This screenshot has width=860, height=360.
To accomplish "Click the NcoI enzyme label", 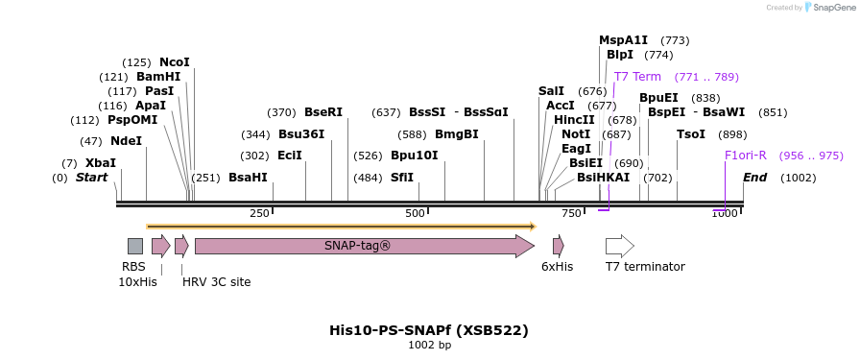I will click(175, 62).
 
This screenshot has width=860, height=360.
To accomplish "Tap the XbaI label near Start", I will click(101, 163).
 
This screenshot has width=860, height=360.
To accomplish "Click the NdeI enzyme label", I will click(126, 141).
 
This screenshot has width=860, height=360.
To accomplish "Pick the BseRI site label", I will click(323, 112).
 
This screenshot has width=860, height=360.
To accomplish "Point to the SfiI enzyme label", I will click(402, 178).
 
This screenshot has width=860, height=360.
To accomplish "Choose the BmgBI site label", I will click(457, 134).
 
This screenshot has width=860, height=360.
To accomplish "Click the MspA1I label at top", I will click(624, 40).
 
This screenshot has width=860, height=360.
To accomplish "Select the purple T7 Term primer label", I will click(637, 77).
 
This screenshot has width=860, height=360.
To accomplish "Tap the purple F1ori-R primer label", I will click(746, 156).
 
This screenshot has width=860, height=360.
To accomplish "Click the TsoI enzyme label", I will click(691, 134).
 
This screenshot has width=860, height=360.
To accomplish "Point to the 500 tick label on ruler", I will click(415, 213).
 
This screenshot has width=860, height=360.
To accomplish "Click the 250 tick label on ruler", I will click(259, 213).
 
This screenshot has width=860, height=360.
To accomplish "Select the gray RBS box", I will click(135, 246).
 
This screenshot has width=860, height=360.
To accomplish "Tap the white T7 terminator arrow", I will click(620, 246).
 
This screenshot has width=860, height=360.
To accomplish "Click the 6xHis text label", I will click(557, 267).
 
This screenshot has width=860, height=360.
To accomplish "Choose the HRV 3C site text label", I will click(216, 282).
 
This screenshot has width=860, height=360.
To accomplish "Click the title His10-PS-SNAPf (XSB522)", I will click(429, 330).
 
